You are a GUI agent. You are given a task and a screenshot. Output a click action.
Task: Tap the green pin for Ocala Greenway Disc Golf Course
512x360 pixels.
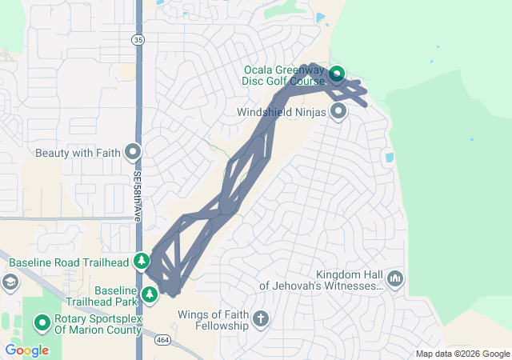(336, 75)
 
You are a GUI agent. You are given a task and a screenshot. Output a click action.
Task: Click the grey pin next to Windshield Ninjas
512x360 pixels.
(338, 111)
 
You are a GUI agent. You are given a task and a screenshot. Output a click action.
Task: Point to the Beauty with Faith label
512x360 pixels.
(78, 152)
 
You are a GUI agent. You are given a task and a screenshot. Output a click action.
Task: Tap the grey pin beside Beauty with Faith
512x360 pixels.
(133, 151)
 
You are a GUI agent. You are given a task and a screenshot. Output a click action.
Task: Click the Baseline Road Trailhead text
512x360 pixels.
(68, 262)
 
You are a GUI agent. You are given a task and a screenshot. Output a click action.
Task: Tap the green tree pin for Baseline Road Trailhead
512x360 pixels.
(142, 261)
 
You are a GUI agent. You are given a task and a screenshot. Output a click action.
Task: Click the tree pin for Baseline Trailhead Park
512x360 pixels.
(149, 295)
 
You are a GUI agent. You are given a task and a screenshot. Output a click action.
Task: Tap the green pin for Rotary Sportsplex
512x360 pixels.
(42, 323)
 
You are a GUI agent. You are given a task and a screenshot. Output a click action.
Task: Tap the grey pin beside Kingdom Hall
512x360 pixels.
(395, 278)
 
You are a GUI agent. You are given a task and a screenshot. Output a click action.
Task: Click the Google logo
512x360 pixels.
(26, 350)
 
